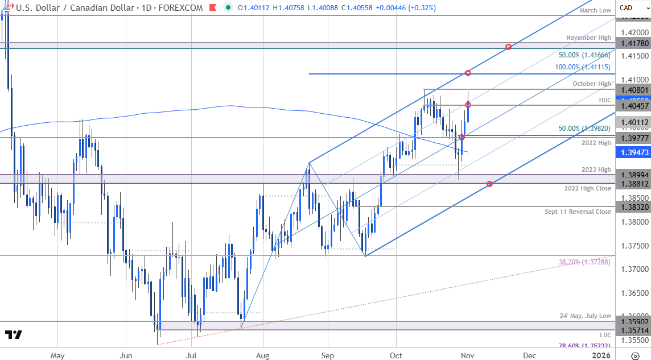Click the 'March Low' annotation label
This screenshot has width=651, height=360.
(x=596, y=10)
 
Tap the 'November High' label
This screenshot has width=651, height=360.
(x=588, y=38)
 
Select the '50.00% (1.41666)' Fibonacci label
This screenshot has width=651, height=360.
(x=584, y=55)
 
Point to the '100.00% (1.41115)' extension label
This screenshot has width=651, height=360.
(x=583, y=67)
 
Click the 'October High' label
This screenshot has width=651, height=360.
(x=592, y=84)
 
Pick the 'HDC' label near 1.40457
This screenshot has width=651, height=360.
(x=605, y=100)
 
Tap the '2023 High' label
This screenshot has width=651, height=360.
(x=596, y=169)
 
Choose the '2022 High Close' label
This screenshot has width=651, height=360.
(x=588, y=188)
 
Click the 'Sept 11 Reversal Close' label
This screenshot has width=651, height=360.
(x=578, y=212)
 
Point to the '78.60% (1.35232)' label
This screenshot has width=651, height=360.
(x=583, y=345)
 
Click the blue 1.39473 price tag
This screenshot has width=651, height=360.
(x=632, y=152)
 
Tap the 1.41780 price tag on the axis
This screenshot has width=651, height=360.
(x=632, y=43)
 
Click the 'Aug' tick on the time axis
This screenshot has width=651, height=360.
(x=262, y=355)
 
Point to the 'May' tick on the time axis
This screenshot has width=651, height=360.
(x=57, y=355)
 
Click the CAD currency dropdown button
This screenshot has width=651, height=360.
(x=631, y=8)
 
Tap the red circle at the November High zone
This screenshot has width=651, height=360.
(x=508, y=47)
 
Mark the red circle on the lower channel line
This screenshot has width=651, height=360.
(x=489, y=184)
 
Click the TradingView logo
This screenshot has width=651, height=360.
(x=14, y=334)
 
